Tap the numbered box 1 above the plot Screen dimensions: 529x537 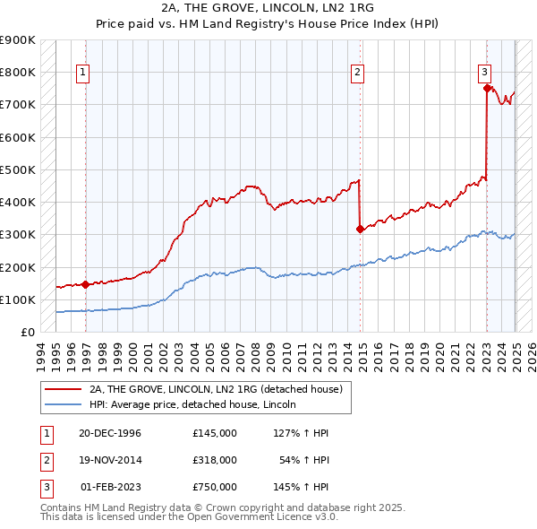pos(82,74)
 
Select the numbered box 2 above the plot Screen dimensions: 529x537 pos(357,74)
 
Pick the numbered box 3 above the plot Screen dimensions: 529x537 pos(483,74)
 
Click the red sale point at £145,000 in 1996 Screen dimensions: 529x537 pos(85,285)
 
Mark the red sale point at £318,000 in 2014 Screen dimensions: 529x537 pos(360,229)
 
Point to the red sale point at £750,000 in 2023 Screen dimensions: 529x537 pos(487,88)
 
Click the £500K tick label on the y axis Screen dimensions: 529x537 pos(18,169)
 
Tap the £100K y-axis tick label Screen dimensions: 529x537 pos(18,299)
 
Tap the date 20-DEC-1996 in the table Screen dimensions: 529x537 pos(110,433)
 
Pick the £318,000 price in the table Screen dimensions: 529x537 pos(214,460)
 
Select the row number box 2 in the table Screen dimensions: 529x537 pos(44,460)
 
